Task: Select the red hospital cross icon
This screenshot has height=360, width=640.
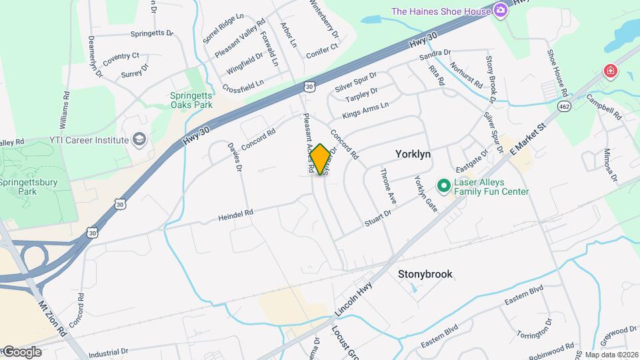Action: coord(609,71)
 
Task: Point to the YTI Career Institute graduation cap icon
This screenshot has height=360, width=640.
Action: coord(139,139)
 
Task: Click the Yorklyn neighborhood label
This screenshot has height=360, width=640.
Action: coord(413,154)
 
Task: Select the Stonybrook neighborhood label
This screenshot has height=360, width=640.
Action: coord(425,274)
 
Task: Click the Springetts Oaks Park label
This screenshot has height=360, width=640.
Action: coord(190,100)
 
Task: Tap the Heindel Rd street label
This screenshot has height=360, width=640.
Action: coord(236,215)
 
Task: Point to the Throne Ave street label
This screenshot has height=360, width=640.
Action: coord(388,186)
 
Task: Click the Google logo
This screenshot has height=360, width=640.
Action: coord(22,351)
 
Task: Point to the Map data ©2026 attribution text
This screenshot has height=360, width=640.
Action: coord(611,355)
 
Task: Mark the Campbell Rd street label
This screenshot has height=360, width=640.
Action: coord(604,105)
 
